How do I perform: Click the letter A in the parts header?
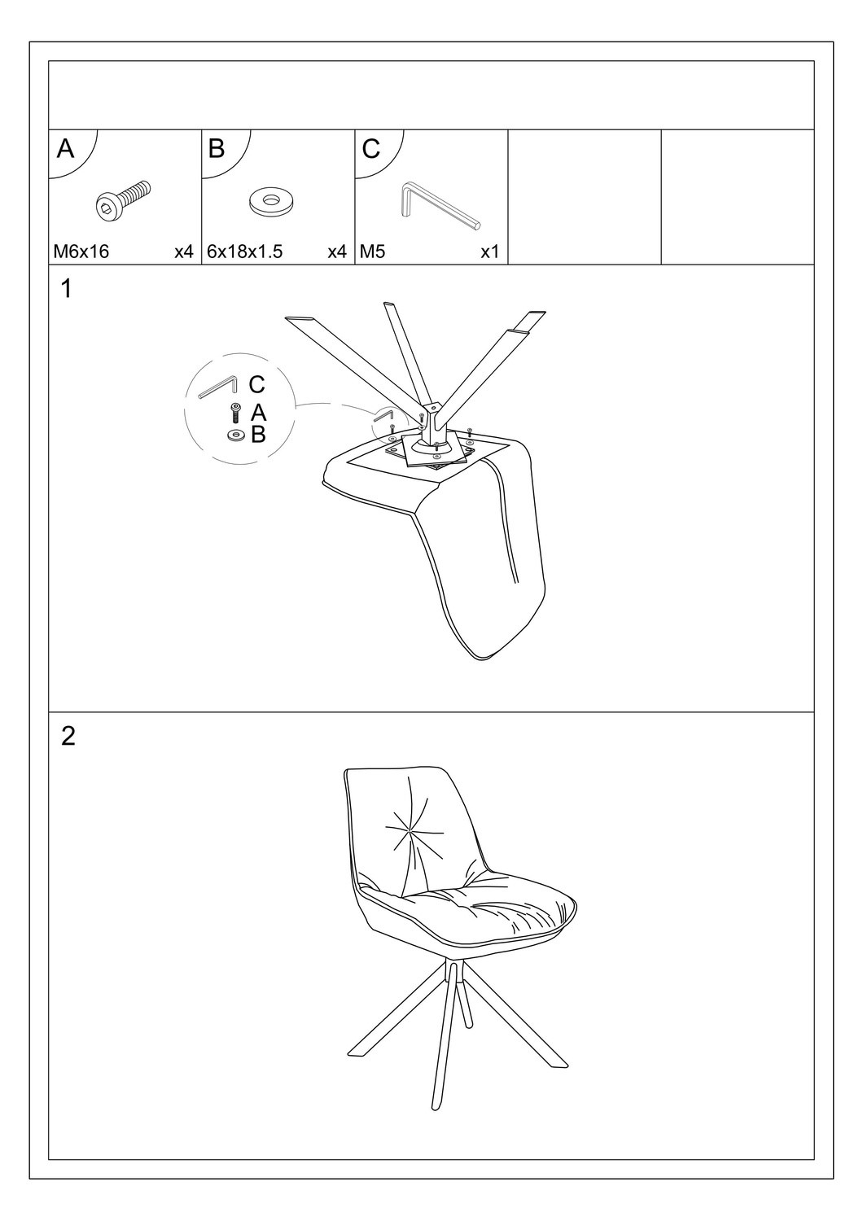(x=65, y=148)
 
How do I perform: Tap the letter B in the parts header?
(x=217, y=148)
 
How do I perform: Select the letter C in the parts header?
(x=370, y=148)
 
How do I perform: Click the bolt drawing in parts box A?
(x=123, y=200)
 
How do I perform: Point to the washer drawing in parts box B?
(x=269, y=202)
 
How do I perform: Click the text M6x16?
(x=81, y=252)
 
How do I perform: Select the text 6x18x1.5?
(x=245, y=252)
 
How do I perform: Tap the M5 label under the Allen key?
(x=373, y=252)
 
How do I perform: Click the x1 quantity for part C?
(x=489, y=252)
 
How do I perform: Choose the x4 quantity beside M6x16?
(x=184, y=252)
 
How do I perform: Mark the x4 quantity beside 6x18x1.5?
(x=337, y=252)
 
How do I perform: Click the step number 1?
(x=67, y=289)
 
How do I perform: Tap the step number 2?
(x=68, y=737)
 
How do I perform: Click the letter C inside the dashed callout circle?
(x=256, y=384)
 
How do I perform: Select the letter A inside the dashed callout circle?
(x=258, y=413)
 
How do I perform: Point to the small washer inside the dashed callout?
(x=237, y=435)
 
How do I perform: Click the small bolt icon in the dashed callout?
(x=235, y=413)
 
